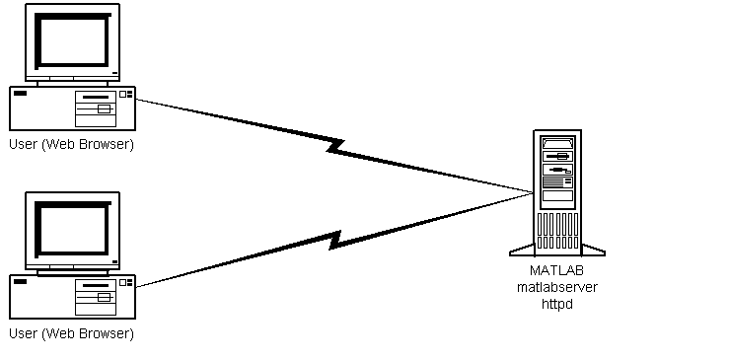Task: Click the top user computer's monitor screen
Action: tap(72, 41)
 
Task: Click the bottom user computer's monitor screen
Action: tap(72, 230)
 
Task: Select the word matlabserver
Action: tap(556, 287)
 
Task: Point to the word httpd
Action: tap(556, 304)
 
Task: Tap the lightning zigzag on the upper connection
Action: tap(336, 146)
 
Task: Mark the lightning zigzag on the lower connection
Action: tap(336, 240)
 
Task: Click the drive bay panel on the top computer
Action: tap(96, 108)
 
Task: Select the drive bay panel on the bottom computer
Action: tap(96, 297)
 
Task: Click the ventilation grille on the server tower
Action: tap(557, 231)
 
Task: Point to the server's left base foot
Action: tap(522, 251)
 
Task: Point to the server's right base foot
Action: tap(594, 251)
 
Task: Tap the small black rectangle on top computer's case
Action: tap(21, 94)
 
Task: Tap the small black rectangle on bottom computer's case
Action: tap(21, 282)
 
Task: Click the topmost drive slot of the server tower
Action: tap(557, 143)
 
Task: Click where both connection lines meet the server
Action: tap(533, 192)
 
